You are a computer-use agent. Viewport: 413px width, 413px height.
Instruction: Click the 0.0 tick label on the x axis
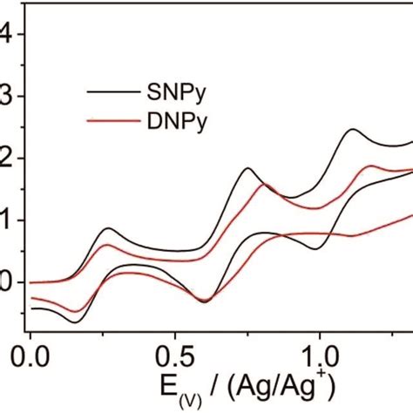click(x=31, y=357)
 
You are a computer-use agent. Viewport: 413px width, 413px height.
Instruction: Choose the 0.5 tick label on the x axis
click(x=175, y=357)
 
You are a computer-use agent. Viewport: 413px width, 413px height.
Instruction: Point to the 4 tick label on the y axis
click(x=7, y=35)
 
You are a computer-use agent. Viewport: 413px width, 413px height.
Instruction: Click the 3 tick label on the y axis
click(x=7, y=97)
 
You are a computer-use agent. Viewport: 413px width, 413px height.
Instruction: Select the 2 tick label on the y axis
click(x=7, y=159)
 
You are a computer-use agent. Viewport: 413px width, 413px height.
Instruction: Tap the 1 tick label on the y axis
click(x=7, y=220)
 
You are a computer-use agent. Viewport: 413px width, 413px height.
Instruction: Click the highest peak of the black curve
click(x=354, y=129)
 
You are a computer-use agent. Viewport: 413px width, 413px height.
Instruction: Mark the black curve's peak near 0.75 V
click(x=247, y=167)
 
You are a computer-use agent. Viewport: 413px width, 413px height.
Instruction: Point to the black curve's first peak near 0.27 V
click(x=109, y=228)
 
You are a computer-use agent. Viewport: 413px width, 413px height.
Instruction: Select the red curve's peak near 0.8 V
click(x=264, y=184)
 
